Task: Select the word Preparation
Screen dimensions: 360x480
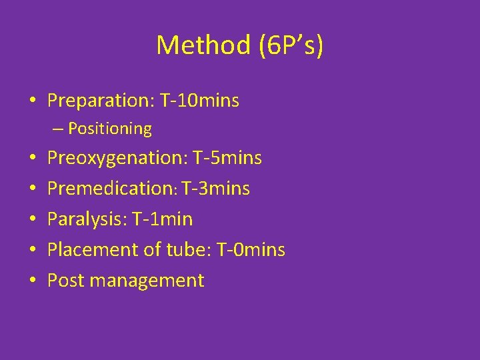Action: (101, 101)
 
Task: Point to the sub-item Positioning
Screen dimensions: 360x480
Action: (110, 128)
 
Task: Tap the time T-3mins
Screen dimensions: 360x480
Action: (215, 189)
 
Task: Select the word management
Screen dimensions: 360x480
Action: (146, 281)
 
